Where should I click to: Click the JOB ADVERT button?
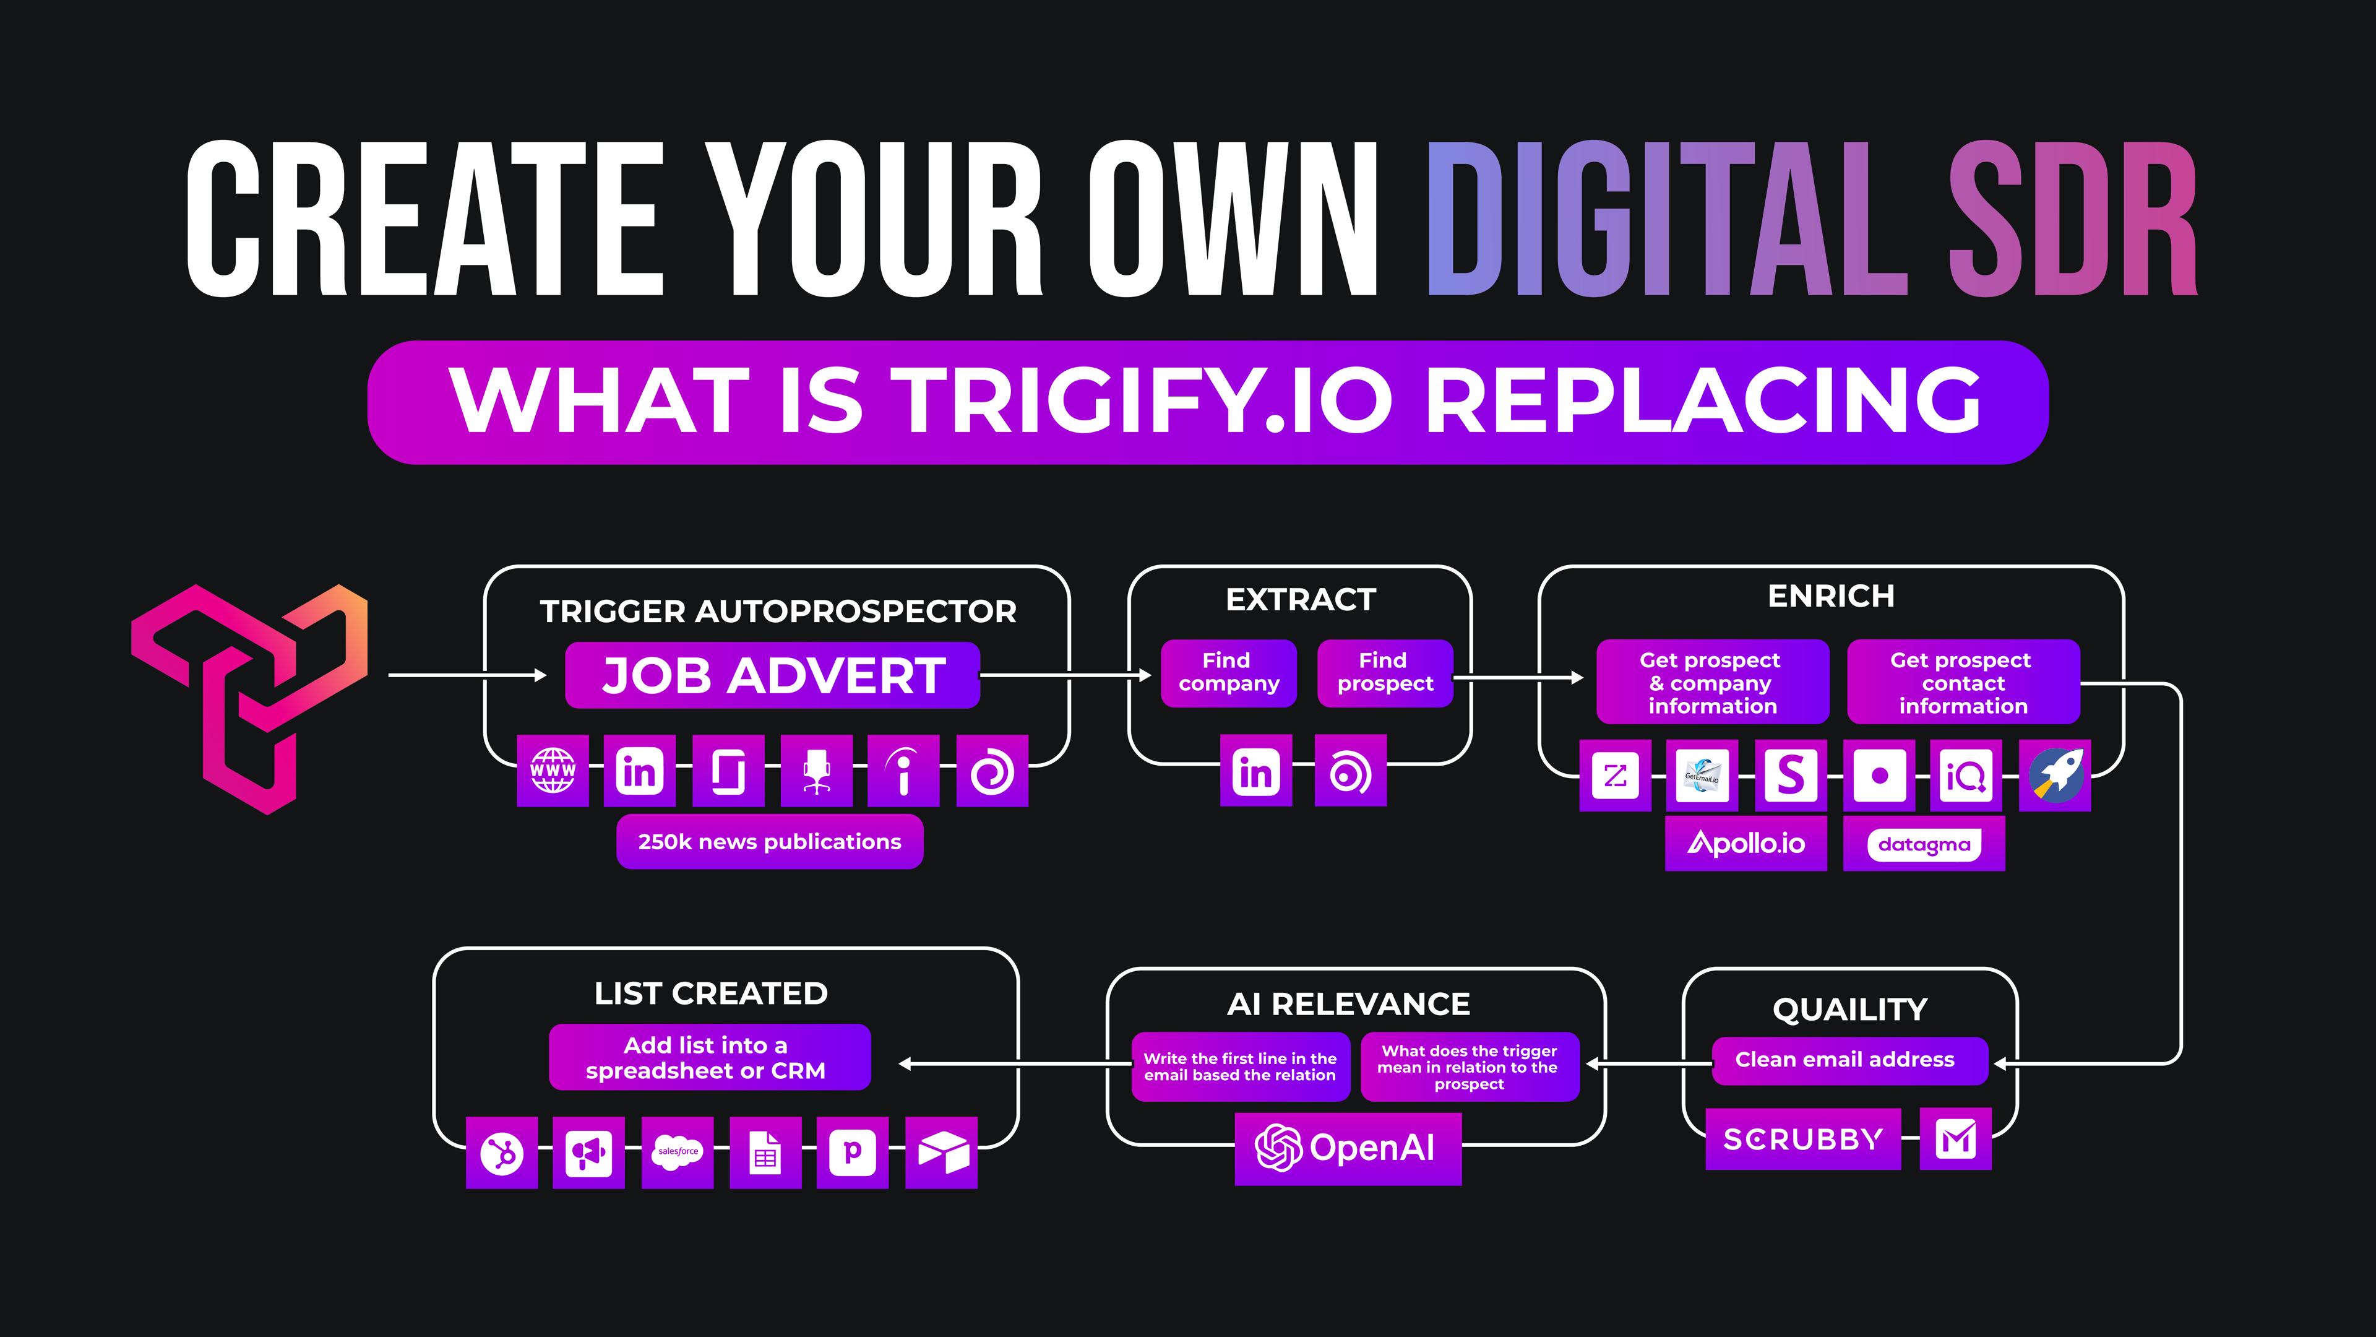[772, 675]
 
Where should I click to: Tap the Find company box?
[1229, 673]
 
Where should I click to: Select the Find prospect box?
[1385, 673]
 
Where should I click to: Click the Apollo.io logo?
[1746, 843]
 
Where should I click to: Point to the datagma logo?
[1924, 843]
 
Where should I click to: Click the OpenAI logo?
[1348, 1149]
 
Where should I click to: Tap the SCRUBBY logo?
[1803, 1140]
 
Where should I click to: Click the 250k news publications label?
[769, 842]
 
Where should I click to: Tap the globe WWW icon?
[553, 771]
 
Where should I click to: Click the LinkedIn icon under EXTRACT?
[1256, 771]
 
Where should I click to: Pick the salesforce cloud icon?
[678, 1153]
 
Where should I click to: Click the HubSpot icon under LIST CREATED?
[502, 1153]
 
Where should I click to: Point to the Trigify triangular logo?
[249, 698]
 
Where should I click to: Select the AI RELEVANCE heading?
[1348, 1004]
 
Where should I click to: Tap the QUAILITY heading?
[1850, 1010]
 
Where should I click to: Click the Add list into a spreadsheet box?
[709, 1057]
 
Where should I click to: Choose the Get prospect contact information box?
[1963, 682]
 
